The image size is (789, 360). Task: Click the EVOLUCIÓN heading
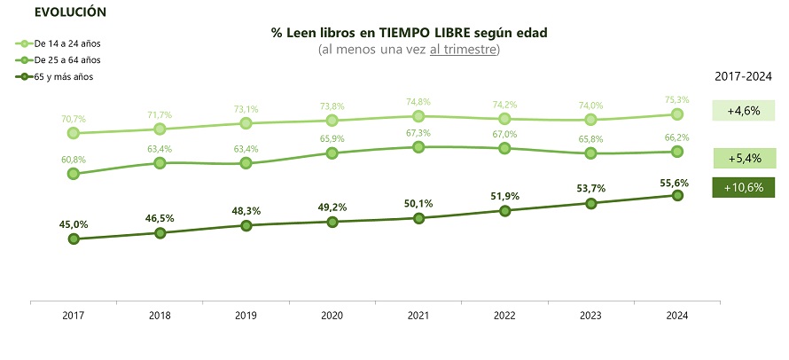pos(70,12)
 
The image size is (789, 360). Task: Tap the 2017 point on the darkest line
pos(74,239)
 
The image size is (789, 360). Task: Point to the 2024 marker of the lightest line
pos(676,114)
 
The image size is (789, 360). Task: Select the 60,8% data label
pos(74,160)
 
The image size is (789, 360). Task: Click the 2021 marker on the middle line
pos(418,146)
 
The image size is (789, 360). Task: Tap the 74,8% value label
pos(418,101)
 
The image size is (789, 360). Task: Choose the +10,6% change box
pos(743,188)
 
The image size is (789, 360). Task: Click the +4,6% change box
pos(743,111)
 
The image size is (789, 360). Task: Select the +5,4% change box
pos(743,159)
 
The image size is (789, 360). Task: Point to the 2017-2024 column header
pos(744,76)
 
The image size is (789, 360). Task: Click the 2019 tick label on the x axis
pos(246,315)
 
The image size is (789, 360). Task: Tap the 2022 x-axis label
pos(504,315)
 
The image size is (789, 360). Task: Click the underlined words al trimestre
pos(463,49)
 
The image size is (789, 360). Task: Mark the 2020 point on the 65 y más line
pos(332,222)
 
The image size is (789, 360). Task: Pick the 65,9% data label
pos(332,138)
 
